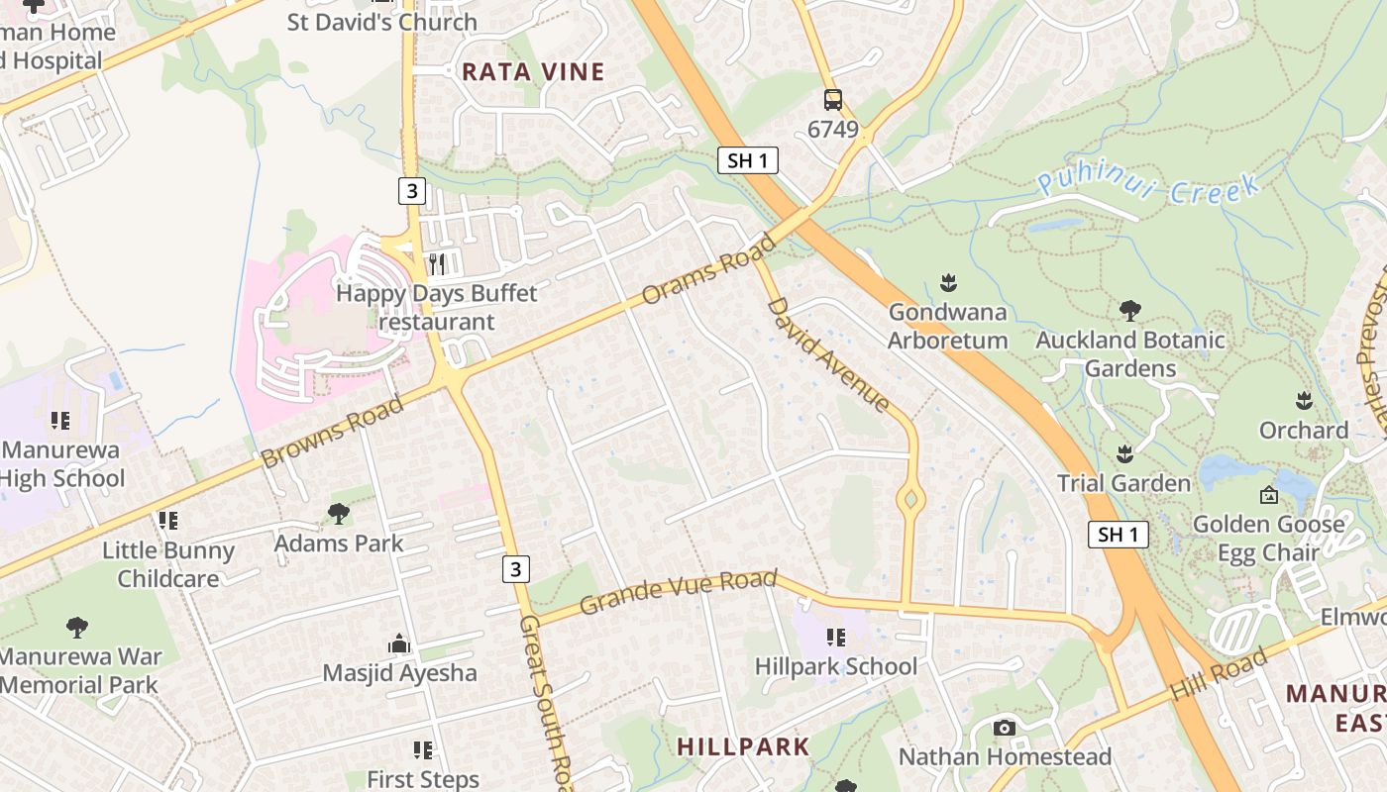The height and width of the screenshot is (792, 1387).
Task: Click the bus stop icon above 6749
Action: pos(833,99)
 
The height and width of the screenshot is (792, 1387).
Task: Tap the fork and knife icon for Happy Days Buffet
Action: pos(437,264)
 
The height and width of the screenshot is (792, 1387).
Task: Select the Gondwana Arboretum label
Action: pos(947,326)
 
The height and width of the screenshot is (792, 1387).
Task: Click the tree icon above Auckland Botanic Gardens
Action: pos(1129,311)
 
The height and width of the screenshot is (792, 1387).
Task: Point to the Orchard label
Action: pos(1303,431)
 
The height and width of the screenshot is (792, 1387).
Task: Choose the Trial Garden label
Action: pos(1123,483)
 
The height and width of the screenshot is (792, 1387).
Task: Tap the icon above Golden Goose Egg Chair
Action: pos(1268,495)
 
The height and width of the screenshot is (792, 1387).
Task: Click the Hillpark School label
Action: pos(836,666)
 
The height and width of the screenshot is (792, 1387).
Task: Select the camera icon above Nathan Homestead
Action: pos(1005,729)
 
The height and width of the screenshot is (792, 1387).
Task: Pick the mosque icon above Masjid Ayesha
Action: pos(399,644)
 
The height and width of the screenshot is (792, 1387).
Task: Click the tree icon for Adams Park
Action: pos(339,513)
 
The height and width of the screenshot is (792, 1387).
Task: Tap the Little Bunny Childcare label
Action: pos(168,564)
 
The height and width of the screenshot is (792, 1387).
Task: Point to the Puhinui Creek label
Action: pos(1149,186)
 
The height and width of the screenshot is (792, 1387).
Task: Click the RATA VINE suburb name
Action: pos(533,71)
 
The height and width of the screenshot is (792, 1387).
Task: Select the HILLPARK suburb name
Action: pos(743,746)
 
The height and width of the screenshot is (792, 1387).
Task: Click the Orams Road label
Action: pos(708,269)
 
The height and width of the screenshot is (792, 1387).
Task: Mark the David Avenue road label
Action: pos(828,353)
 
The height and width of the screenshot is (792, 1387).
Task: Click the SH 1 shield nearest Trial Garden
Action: pos(1119,535)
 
